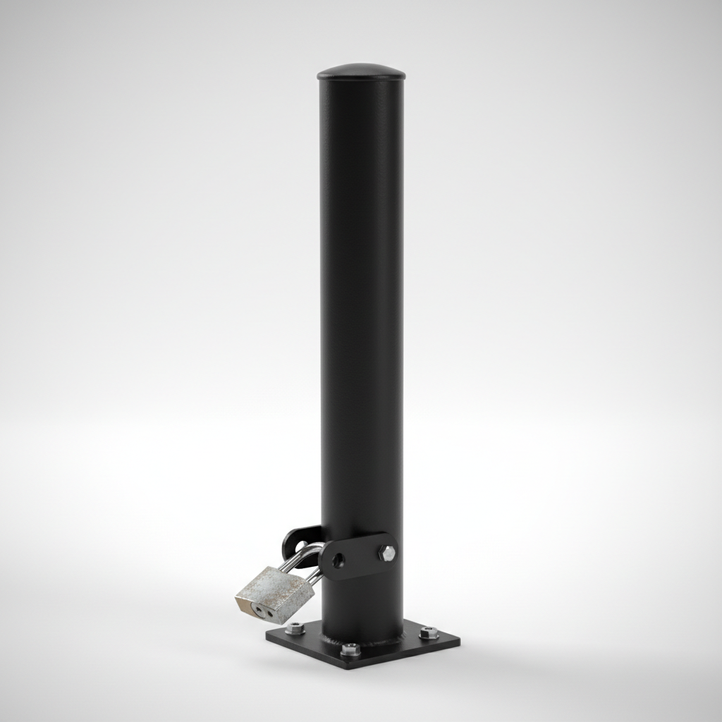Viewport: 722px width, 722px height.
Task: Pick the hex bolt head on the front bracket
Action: tap(387, 553)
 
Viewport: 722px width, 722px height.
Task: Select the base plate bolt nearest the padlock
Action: tap(295, 628)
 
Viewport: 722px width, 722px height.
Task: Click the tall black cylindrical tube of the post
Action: tap(361, 317)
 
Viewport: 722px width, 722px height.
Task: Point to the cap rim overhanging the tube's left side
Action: tap(320, 75)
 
